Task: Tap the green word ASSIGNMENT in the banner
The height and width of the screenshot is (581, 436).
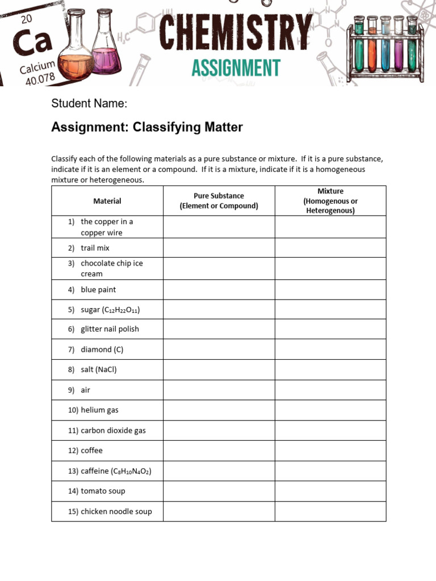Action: click(236, 68)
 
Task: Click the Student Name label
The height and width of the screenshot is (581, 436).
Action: click(89, 103)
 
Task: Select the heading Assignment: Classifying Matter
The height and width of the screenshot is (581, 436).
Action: click(147, 127)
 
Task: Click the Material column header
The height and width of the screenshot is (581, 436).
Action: click(107, 201)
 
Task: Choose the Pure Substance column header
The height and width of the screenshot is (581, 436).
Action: click(219, 201)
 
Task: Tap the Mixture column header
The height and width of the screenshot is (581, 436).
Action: click(330, 201)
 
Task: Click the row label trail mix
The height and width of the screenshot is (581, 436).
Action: click(95, 248)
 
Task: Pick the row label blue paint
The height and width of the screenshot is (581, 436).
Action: click(98, 289)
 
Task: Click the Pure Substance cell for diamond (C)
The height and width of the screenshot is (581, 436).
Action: click(219, 350)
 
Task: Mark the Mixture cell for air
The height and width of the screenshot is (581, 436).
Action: click(330, 390)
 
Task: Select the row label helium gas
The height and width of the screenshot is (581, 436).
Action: click(99, 410)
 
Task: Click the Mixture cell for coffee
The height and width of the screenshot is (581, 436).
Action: click(330, 451)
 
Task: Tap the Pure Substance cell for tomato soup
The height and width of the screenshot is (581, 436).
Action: click(219, 491)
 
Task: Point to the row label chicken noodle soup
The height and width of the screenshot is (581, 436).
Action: click(116, 511)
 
